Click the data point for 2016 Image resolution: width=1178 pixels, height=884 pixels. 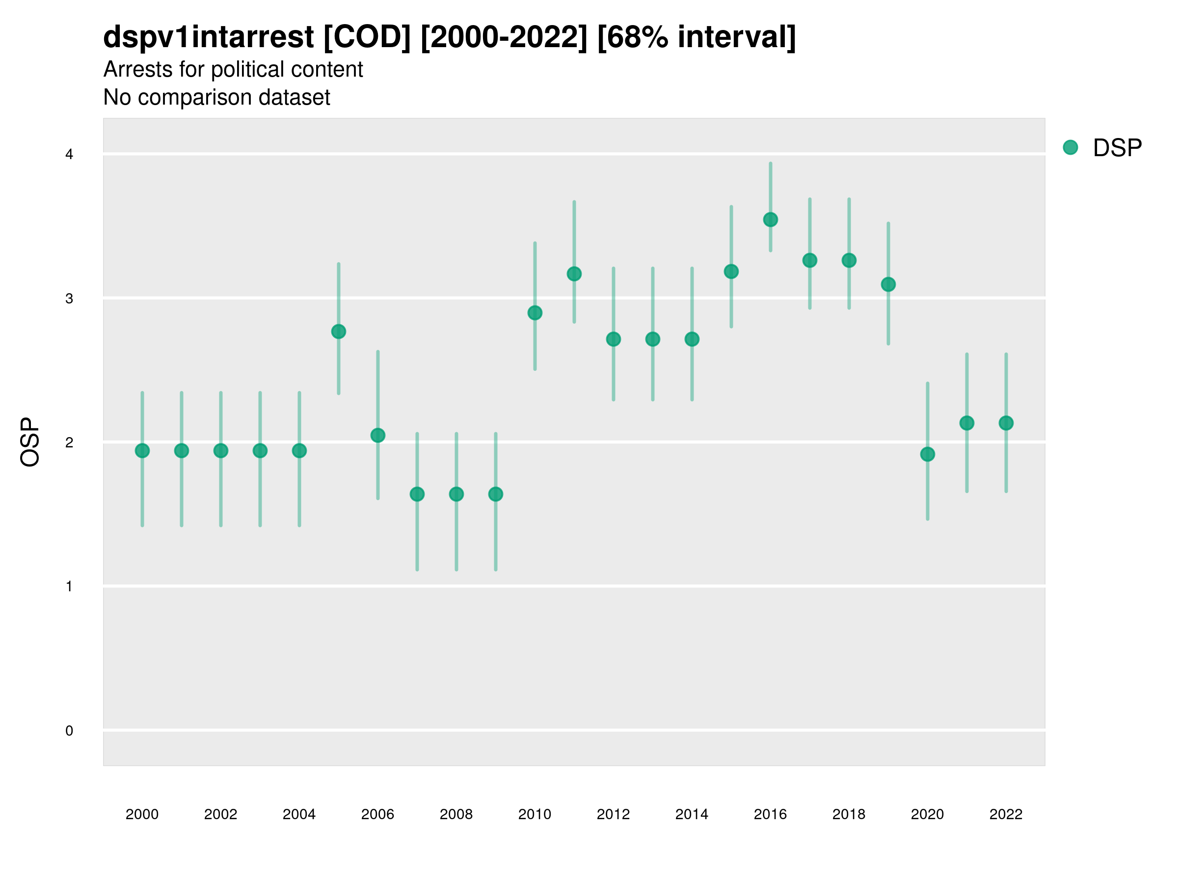pyautogui.click(x=770, y=220)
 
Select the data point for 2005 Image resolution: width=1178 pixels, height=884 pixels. pyautogui.click(x=338, y=331)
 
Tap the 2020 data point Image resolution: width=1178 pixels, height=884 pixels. pyautogui.click(x=927, y=454)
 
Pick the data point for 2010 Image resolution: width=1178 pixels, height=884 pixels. pyautogui.click(x=535, y=313)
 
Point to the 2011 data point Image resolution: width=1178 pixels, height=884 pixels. pyautogui.click(x=574, y=274)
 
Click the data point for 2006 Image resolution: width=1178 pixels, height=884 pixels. pyautogui.click(x=377, y=435)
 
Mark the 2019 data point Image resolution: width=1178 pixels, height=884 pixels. pyautogui.click(x=888, y=284)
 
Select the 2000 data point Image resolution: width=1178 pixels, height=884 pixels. pyautogui.click(x=142, y=451)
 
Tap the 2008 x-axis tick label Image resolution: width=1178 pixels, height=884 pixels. pyautogui.click(x=456, y=814)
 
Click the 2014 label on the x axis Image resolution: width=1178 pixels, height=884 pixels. pyautogui.click(x=691, y=814)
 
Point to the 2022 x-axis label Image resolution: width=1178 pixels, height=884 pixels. pyautogui.click(x=1005, y=814)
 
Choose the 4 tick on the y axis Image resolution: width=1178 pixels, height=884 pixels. pyautogui.click(x=69, y=155)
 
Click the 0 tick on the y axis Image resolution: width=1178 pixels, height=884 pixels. pyautogui.click(x=69, y=731)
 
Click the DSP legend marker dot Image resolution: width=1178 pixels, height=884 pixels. pyautogui.click(x=1070, y=148)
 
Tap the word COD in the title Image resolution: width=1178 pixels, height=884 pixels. pyautogui.click(x=368, y=37)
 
